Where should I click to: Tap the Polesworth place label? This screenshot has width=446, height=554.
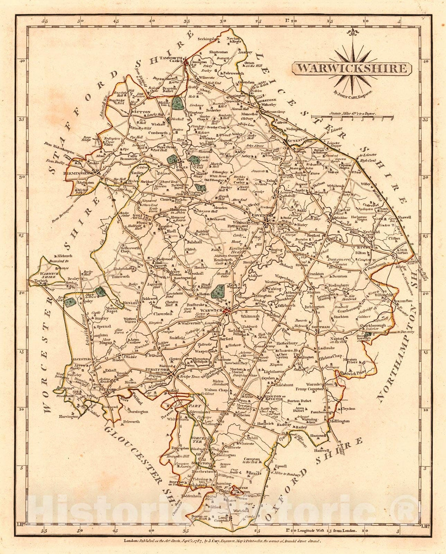(233, 73)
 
